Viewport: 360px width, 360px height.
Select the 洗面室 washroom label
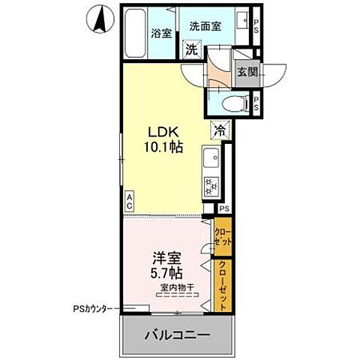pyautogui.click(x=205, y=25)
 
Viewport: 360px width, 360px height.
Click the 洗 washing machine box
pyautogui.click(x=193, y=49)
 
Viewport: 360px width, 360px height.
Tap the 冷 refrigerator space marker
pyautogui.click(x=222, y=129)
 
